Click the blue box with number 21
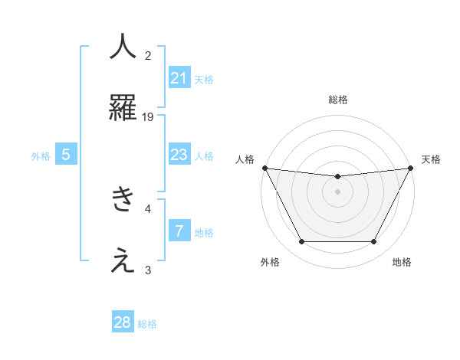[x=179, y=78]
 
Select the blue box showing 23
[x=179, y=155]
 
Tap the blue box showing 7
[x=179, y=231]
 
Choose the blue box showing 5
[x=66, y=155]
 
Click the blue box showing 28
[x=123, y=322]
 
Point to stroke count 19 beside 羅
[x=148, y=116]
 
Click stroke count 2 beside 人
[x=148, y=55]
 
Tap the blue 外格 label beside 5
[x=41, y=155]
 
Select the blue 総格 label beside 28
[x=147, y=323]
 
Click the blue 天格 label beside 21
[x=203, y=79]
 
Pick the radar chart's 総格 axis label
[x=337, y=100]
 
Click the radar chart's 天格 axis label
[x=431, y=159]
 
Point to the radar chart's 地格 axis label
[x=402, y=262]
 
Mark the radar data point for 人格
[x=264, y=168]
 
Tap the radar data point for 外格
[x=301, y=242]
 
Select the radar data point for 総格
[x=337, y=177]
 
